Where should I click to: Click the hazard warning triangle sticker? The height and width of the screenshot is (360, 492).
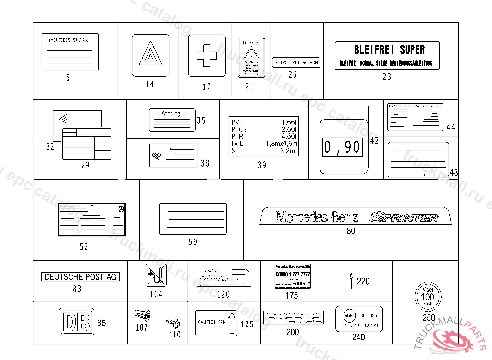coord(150,55)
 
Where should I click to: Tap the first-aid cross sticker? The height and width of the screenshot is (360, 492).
coord(207,55)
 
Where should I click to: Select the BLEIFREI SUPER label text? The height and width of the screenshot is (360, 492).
coord(389,49)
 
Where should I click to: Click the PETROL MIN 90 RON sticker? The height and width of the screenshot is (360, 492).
coord(296,63)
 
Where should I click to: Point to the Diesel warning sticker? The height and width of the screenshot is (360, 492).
coord(251,58)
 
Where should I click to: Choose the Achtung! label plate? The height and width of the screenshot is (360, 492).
coord(172,120)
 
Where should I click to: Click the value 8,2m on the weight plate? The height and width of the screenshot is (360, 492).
coord(289,151)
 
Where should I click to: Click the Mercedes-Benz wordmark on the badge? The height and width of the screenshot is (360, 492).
coord(317,217)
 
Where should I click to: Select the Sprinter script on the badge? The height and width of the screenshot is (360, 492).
coord(404,217)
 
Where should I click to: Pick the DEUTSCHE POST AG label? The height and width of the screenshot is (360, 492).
coord(81,277)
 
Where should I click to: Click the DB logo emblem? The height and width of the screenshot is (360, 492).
coord(75,323)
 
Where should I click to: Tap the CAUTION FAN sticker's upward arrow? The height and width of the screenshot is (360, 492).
coord(231,323)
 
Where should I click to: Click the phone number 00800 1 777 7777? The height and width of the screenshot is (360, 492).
coord(293,274)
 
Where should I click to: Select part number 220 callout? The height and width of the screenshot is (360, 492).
coord(363,281)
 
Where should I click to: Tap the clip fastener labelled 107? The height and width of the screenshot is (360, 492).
coord(142,315)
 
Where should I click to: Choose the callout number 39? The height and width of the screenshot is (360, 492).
coord(262,165)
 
